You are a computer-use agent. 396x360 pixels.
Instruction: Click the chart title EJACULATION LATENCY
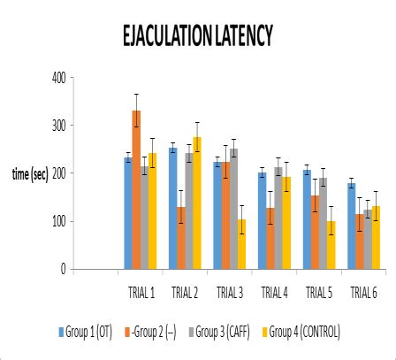(198, 34)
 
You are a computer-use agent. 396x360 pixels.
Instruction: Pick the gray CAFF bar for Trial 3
(233, 209)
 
